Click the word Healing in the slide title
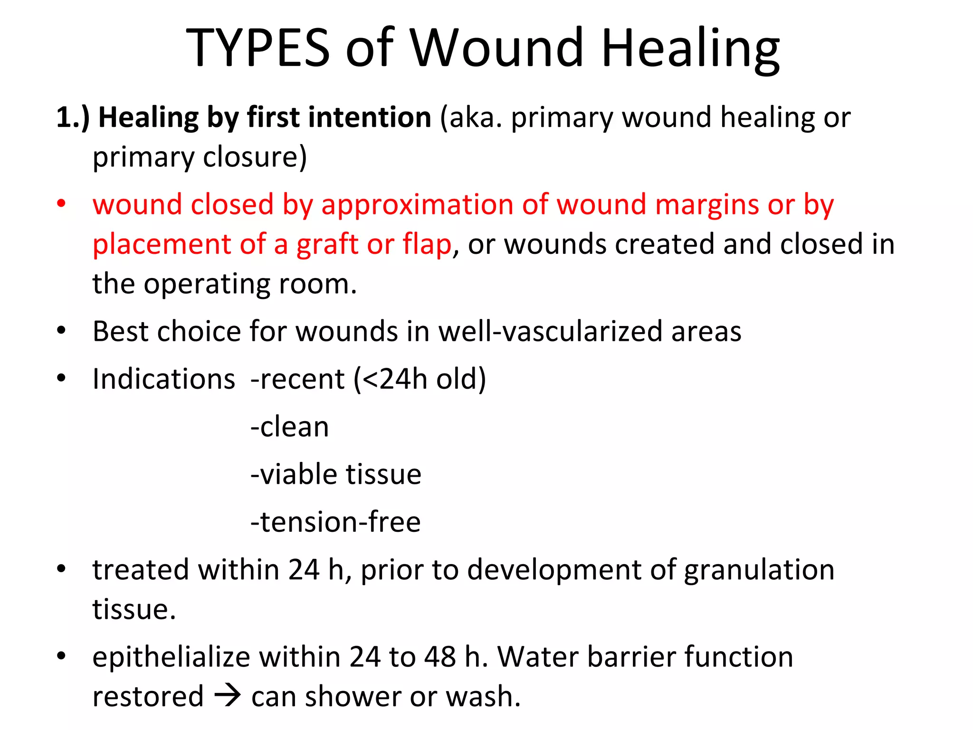click(x=690, y=48)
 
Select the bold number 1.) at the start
click(x=73, y=117)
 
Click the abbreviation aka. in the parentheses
click(x=476, y=117)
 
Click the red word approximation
click(x=417, y=205)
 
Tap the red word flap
click(x=427, y=244)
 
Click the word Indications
click(x=163, y=379)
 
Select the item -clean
click(x=289, y=427)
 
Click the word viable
click(x=299, y=474)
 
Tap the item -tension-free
click(x=335, y=522)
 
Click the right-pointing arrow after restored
click(x=228, y=697)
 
